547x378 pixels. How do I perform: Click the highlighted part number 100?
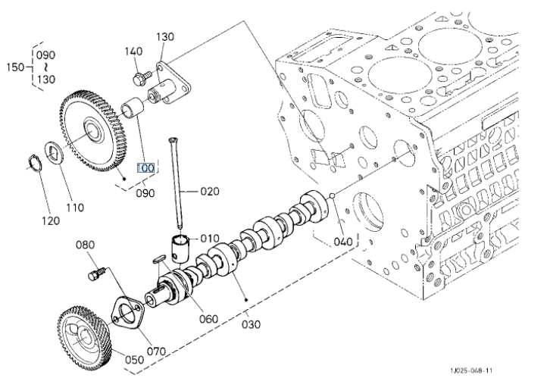pyautogui.click(x=145, y=168)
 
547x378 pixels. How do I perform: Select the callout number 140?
pyautogui.click(x=133, y=51)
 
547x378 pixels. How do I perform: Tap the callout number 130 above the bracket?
pyautogui.click(x=165, y=36)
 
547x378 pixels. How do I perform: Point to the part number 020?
pyautogui.click(x=209, y=191)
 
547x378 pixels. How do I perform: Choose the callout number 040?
pyautogui.click(x=343, y=242)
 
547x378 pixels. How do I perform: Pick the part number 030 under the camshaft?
pyautogui.click(x=251, y=324)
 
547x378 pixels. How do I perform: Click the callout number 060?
pyautogui.click(x=209, y=318)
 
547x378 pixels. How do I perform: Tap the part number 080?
pyautogui.click(x=86, y=245)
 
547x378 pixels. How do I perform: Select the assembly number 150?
pyautogui.click(x=11, y=67)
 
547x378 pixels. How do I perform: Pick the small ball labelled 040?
pyautogui.click(x=333, y=198)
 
